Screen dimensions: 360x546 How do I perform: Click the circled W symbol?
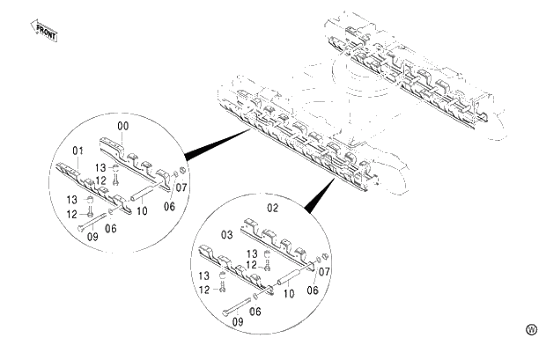tap(530, 329)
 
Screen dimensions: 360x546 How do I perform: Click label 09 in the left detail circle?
tap(85, 237)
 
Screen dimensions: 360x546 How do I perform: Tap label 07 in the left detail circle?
tap(181, 187)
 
